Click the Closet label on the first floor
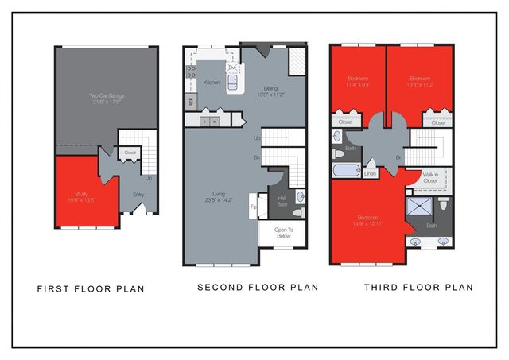130,151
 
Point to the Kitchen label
212,82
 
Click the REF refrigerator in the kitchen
191,102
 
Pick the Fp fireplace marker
253,208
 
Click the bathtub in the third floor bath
347,171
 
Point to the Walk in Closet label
431,178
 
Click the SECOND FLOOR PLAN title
258,287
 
